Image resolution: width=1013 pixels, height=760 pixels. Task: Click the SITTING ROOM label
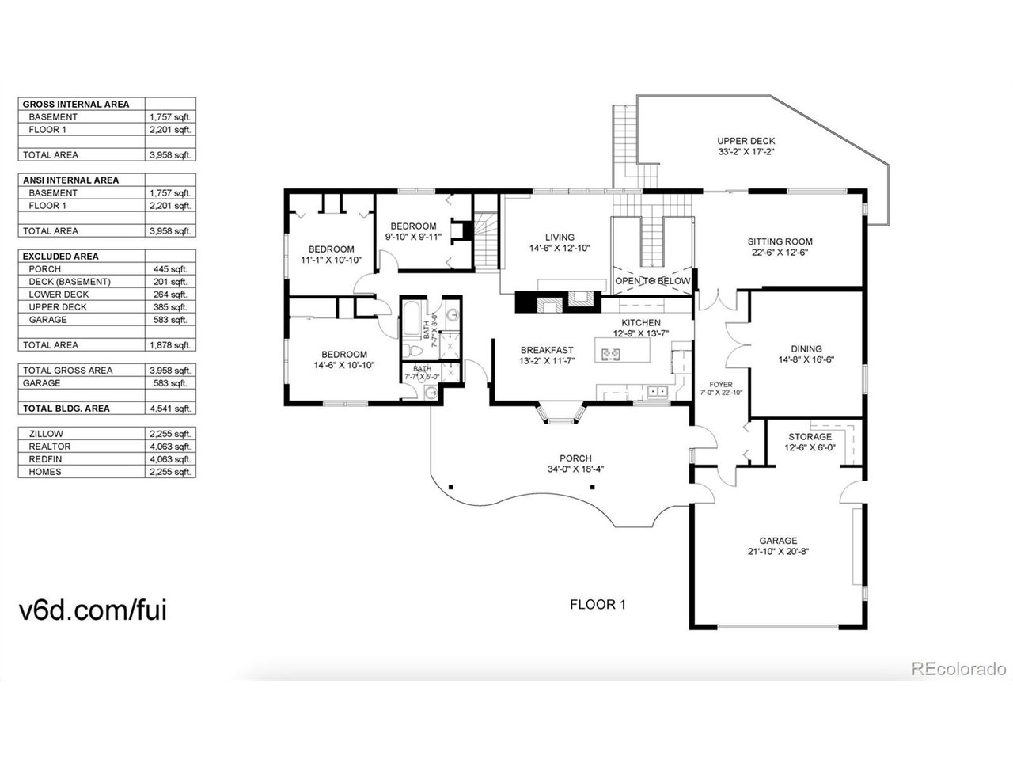pyautogui.click(x=780, y=241)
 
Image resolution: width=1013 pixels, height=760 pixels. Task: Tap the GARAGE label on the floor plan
pyautogui.click(x=778, y=541)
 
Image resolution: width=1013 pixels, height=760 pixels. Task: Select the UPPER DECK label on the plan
pyautogui.click(x=746, y=141)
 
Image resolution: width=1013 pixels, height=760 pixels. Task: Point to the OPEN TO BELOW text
pyautogui.click(x=653, y=280)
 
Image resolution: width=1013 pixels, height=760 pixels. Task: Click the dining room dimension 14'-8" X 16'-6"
pyautogui.click(x=806, y=359)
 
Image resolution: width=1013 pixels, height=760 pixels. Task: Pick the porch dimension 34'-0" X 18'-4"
pyautogui.click(x=575, y=469)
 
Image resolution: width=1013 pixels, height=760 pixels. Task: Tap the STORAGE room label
pyautogui.click(x=810, y=436)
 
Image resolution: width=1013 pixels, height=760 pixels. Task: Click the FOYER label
pyautogui.click(x=721, y=385)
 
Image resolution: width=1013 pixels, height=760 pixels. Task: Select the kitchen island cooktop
pyautogui.click(x=611, y=354)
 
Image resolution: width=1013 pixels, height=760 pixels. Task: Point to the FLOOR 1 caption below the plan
pyautogui.click(x=598, y=605)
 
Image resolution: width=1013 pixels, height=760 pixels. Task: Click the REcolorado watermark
pyautogui.click(x=958, y=669)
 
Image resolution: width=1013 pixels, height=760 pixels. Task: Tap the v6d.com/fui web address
pyautogui.click(x=93, y=610)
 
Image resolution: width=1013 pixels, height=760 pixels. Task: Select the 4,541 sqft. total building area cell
pyautogui.click(x=170, y=408)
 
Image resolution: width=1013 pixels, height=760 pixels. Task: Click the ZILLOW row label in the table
pyautogui.click(x=46, y=434)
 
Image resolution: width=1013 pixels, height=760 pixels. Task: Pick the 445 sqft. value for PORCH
pyautogui.click(x=170, y=269)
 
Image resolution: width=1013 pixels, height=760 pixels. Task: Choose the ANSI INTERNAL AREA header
pyautogui.click(x=70, y=180)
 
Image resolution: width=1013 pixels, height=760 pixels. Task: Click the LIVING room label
pyautogui.click(x=560, y=237)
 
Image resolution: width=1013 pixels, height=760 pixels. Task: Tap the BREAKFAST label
pyautogui.click(x=547, y=350)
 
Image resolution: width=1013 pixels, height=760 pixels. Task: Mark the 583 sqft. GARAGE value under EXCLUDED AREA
pyautogui.click(x=170, y=320)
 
